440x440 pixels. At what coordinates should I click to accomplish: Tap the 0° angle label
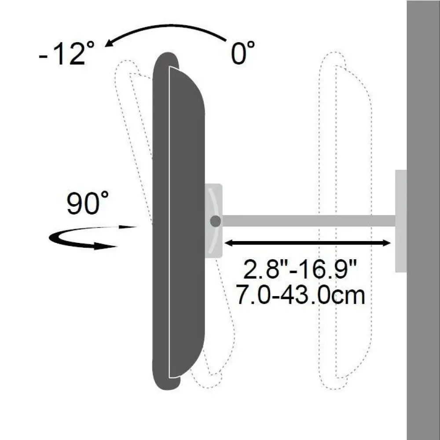(243, 53)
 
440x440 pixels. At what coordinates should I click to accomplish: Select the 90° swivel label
(88, 204)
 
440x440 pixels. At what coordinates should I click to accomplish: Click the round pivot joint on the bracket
(215, 221)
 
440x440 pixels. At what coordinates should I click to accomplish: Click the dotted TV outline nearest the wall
(348, 220)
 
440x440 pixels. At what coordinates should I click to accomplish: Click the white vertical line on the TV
(169, 220)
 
